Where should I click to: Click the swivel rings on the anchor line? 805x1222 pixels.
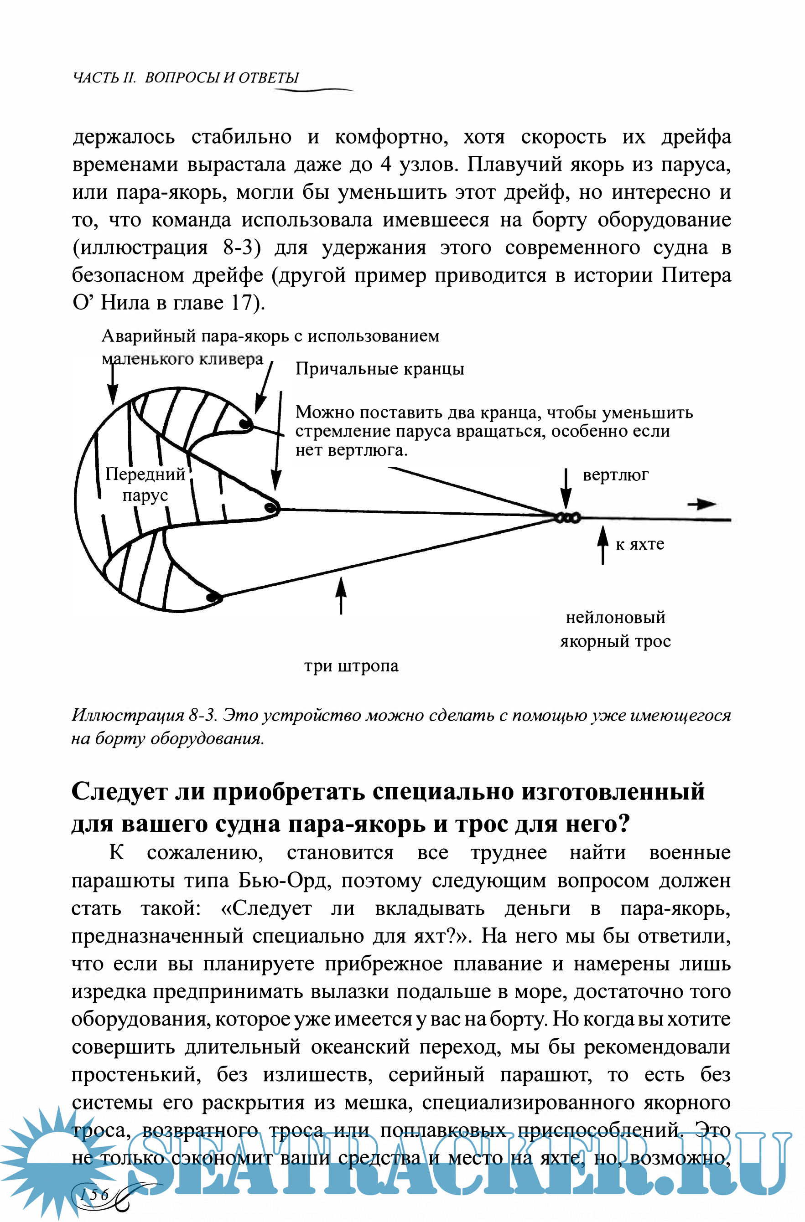[x=568, y=517]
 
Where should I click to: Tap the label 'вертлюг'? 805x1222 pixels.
[x=615, y=475]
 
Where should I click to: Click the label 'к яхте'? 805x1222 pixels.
[x=639, y=544]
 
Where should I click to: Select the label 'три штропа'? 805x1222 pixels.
[x=351, y=666]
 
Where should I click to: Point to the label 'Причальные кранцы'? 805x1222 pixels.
[x=379, y=369]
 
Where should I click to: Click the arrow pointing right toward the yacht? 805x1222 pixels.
[x=702, y=504]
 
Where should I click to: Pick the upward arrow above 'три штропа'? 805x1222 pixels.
[x=341, y=594]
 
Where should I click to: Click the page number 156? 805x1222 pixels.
[x=94, y=1195]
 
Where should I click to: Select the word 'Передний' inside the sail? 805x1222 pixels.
[x=145, y=474]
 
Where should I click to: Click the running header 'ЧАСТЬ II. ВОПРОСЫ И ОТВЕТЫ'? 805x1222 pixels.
[x=186, y=77]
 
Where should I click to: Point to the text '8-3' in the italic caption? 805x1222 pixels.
[x=201, y=715]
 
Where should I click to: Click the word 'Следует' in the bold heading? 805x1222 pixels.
[x=119, y=791]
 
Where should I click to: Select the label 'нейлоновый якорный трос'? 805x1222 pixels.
[x=615, y=629]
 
